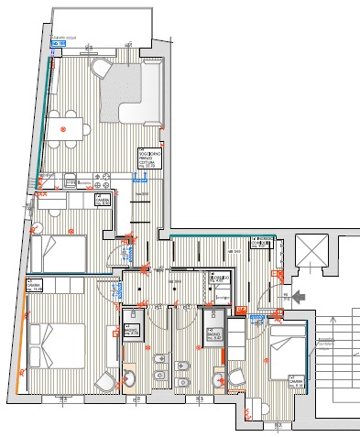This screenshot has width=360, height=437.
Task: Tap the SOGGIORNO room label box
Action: [x=149, y=158]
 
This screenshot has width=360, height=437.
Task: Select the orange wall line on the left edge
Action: [x=21, y=348]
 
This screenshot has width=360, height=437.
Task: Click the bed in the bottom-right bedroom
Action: [x=286, y=352]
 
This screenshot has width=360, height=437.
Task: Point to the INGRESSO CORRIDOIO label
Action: [x=264, y=240]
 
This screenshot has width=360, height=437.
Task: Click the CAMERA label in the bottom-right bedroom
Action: [x=296, y=379]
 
